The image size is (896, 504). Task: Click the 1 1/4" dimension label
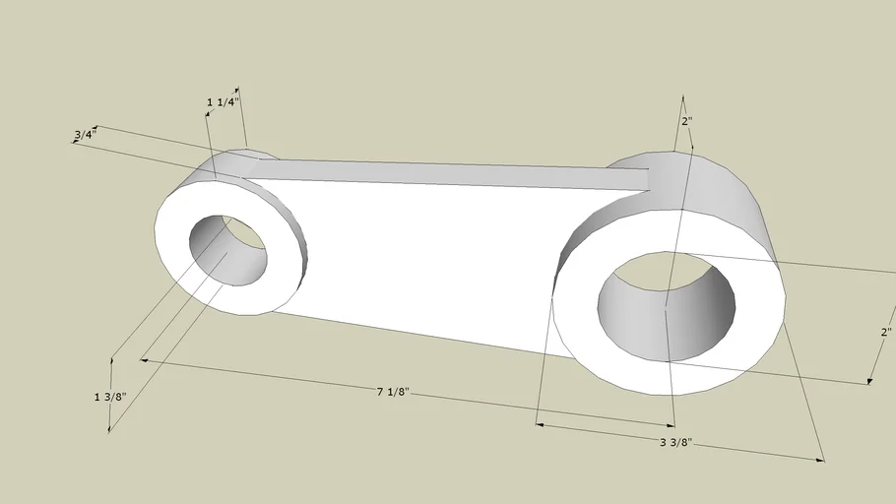[x=223, y=102]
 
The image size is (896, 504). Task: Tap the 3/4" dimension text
[x=85, y=135]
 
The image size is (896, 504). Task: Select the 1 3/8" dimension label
[x=110, y=397]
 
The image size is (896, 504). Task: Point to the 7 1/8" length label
[x=393, y=392]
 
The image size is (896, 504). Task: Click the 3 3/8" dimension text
[x=676, y=442]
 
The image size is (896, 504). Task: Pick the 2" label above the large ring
[x=687, y=121]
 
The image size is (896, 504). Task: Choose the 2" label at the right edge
[x=886, y=332]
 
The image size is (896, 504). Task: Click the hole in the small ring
[x=228, y=250]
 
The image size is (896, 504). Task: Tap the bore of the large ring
[x=667, y=306]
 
